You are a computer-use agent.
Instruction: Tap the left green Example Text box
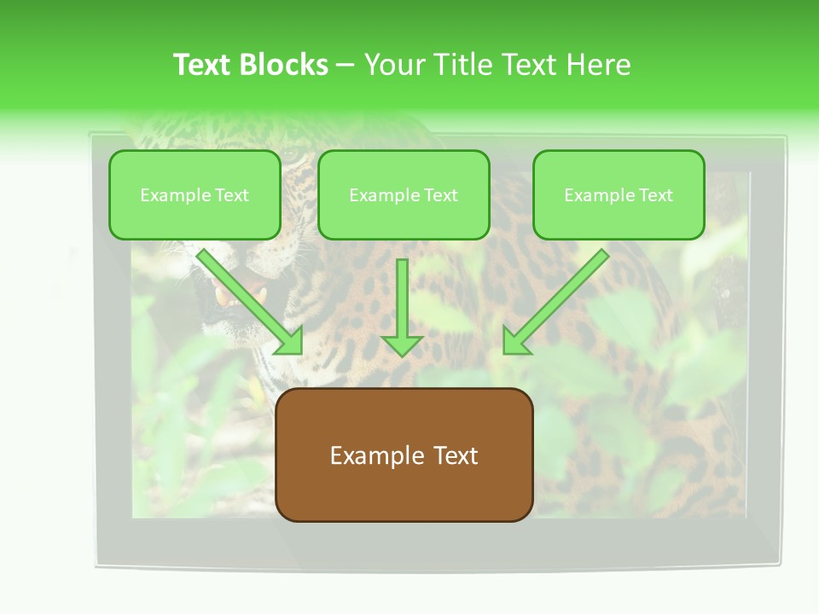click(195, 195)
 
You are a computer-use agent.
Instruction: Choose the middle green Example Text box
click(404, 195)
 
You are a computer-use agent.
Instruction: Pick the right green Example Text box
click(619, 195)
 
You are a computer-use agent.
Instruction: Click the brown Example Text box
click(404, 455)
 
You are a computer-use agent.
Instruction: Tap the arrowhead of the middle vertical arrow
click(402, 345)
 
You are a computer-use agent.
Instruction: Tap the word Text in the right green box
click(655, 195)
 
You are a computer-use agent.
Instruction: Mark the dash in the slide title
click(346, 66)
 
